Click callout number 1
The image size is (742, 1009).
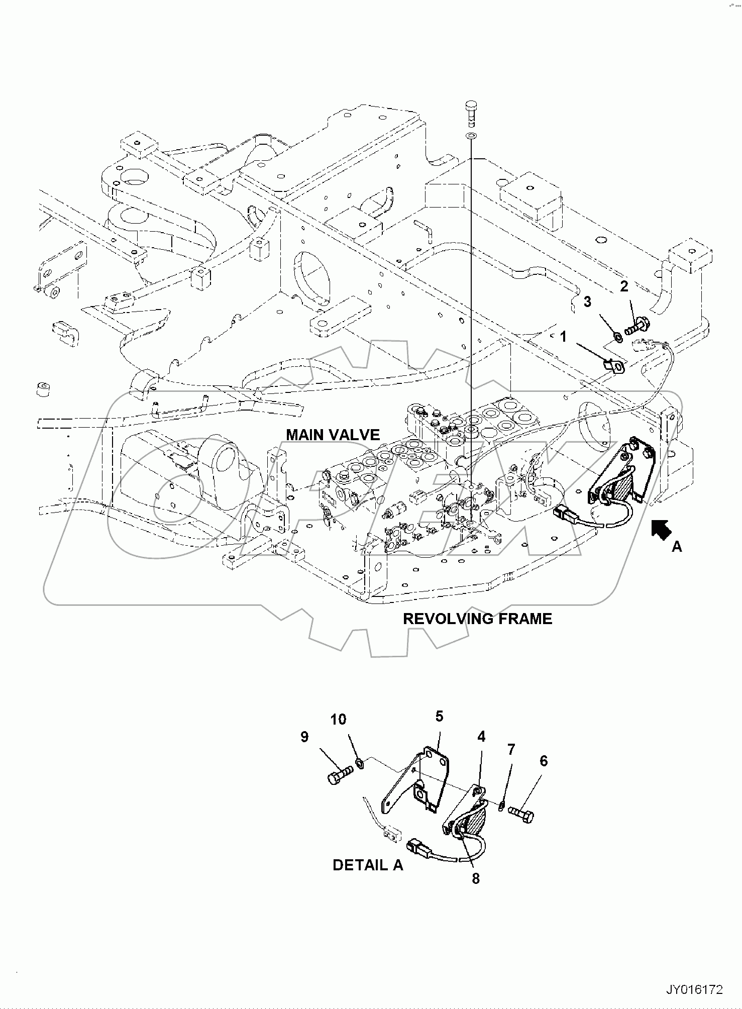564,336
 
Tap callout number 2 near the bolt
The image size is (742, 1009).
624,286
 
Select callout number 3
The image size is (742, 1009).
587,301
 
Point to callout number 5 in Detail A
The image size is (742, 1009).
439,716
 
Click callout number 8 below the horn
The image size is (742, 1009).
476,878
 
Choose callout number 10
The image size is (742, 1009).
338,720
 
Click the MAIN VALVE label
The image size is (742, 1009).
333,434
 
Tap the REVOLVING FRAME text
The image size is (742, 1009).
477,619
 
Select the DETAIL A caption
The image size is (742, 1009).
368,865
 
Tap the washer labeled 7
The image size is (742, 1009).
502,806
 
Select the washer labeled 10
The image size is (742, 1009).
360,764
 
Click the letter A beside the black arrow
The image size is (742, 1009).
677,547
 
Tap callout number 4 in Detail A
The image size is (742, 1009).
481,737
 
